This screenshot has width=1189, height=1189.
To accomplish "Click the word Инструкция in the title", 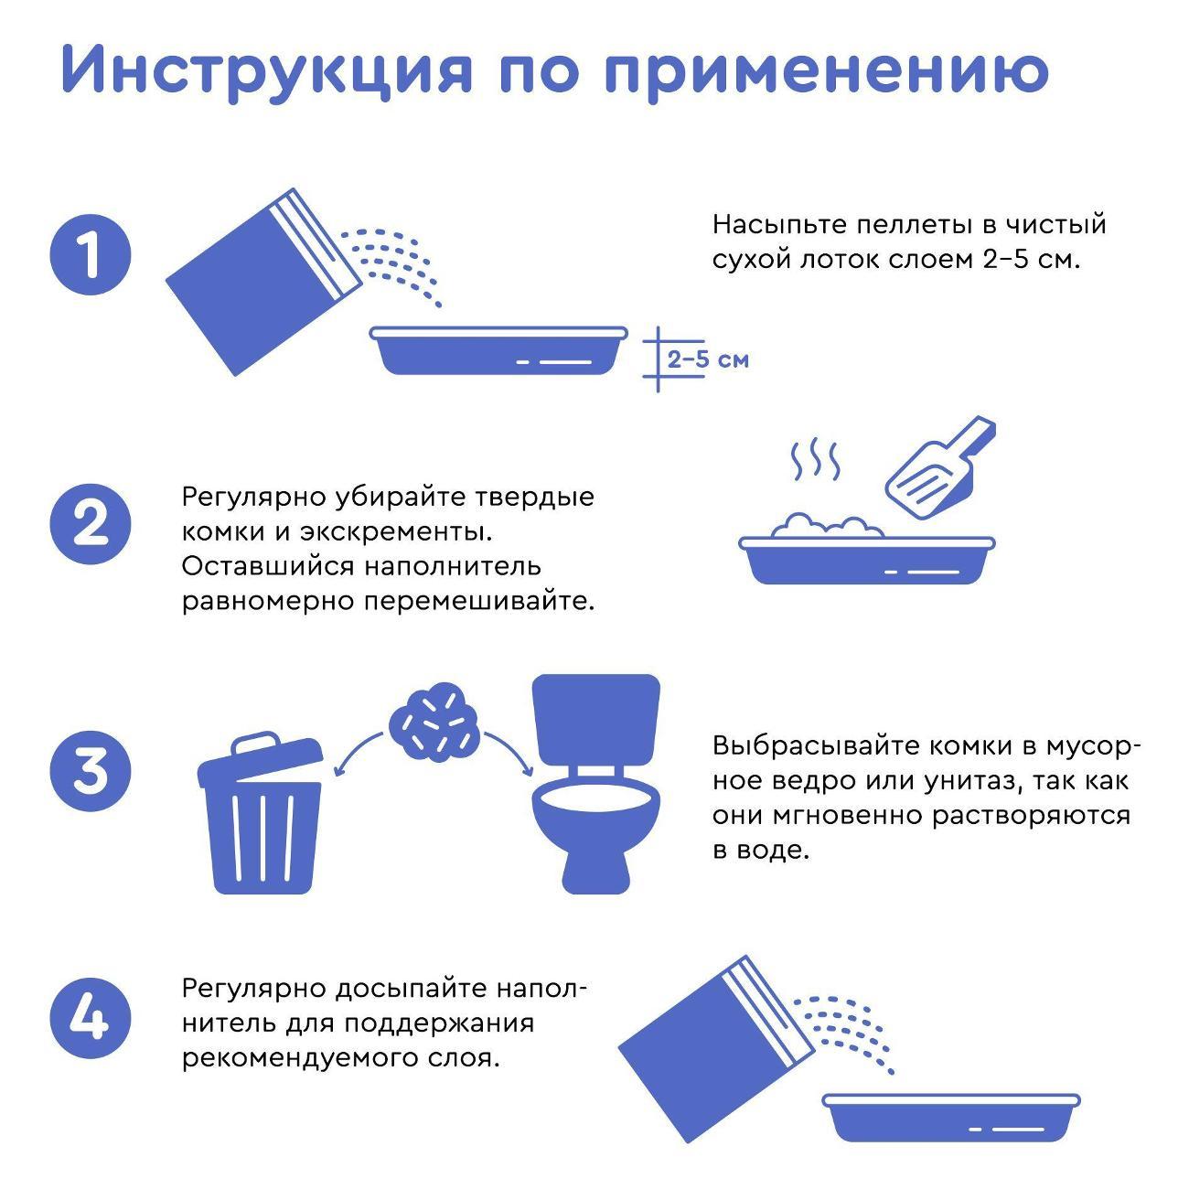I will (x=265, y=70).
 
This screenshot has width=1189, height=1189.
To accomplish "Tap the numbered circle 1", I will (x=91, y=253).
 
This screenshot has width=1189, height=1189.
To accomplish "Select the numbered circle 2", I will (x=91, y=525).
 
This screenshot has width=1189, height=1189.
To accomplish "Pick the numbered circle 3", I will (x=91, y=771).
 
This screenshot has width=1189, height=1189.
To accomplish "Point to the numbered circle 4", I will (x=91, y=1018).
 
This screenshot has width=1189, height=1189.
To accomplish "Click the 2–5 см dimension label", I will (x=707, y=359).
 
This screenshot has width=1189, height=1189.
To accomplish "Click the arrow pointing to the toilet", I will (x=512, y=750).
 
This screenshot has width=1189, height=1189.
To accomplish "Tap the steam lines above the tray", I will (x=814, y=462).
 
